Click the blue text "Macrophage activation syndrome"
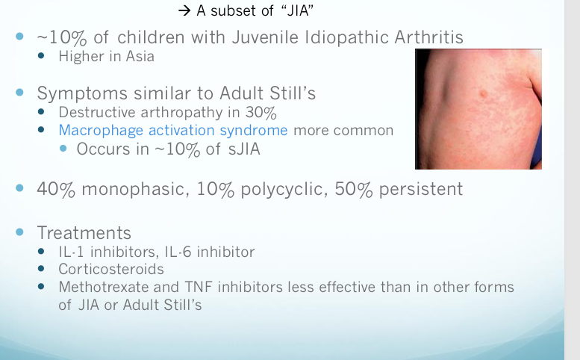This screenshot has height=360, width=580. [173, 130]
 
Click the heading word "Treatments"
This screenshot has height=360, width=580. [84, 232]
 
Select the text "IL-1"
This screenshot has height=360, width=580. [72, 252]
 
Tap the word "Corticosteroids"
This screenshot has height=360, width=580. [111, 269]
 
